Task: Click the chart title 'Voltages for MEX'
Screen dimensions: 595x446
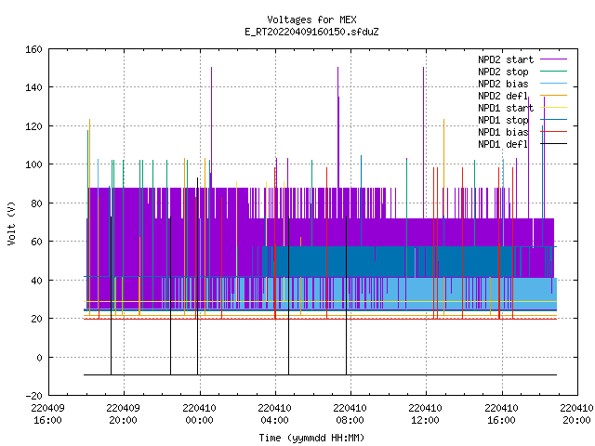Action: pyautogui.click(x=311, y=20)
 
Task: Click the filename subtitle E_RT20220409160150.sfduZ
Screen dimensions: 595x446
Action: pyautogui.click(x=311, y=32)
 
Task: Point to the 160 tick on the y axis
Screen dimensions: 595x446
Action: pyautogui.click(x=33, y=49)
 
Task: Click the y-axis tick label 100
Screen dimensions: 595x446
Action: pyautogui.click(x=33, y=164)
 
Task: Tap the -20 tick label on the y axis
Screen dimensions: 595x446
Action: pyautogui.click(x=33, y=396)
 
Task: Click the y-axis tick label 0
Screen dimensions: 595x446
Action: pyautogui.click(x=39, y=358)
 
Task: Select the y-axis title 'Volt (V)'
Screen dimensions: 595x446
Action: pyautogui.click(x=11, y=224)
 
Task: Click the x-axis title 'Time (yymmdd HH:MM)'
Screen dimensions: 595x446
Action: pyautogui.click(x=311, y=438)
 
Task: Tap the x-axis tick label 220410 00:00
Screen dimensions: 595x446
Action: pyautogui.click(x=199, y=414)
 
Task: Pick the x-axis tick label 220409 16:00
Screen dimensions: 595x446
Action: pyautogui.click(x=47, y=414)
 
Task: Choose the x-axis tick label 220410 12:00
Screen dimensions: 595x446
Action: pyautogui.click(x=426, y=414)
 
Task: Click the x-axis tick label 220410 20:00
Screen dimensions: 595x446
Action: pyautogui.click(x=576, y=414)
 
